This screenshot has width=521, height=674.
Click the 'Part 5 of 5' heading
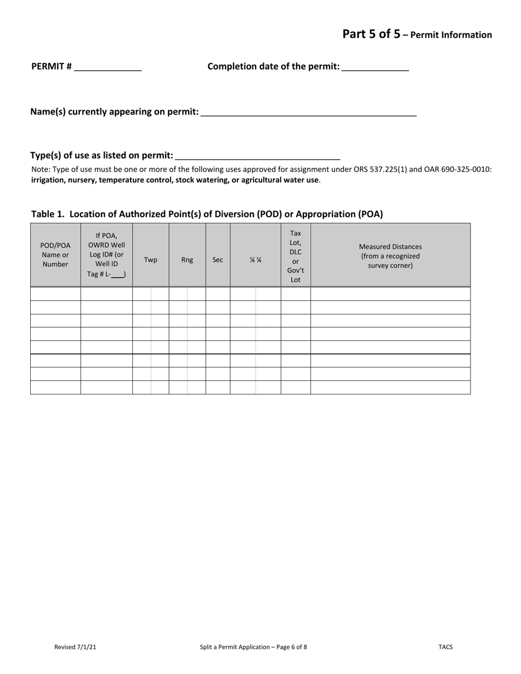371,34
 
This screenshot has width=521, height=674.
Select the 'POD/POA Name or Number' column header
55,255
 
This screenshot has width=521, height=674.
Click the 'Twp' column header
150,260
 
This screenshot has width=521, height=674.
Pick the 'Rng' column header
187,260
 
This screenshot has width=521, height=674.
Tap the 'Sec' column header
218,260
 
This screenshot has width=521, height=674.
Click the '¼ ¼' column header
256,260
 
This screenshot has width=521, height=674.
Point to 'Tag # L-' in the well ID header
99,274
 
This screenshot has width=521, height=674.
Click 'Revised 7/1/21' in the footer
75,647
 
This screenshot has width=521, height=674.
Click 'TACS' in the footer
445,647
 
